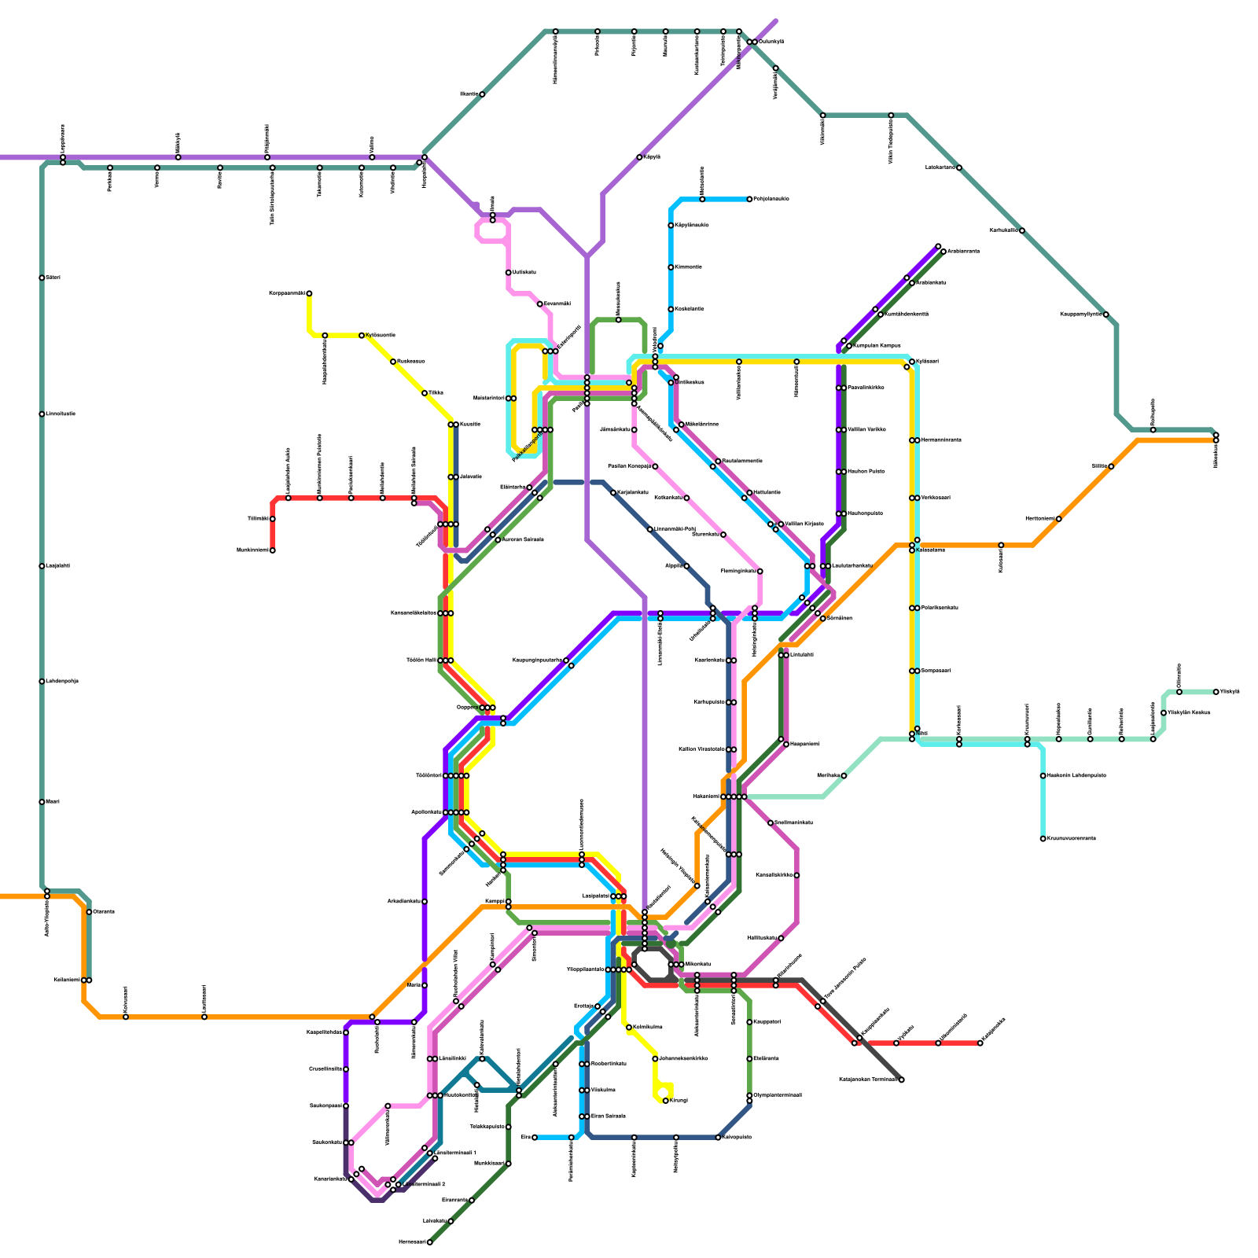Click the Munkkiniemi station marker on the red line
click(x=273, y=550)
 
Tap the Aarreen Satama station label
click(x=523, y=540)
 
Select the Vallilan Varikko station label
click(x=866, y=430)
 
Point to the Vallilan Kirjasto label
click(x=804, y=524)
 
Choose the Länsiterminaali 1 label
click(x=456, y=1153)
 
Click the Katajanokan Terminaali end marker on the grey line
click(x=901, y=1080)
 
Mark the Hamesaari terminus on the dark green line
click(x=430, y=1242)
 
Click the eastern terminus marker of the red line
click(x=980, y=1043)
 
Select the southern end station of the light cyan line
click(x=1043, y=839)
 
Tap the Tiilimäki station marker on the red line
click(x=273, y=519)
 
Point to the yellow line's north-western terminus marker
click(x=309, y=293)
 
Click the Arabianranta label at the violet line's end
click(x=963, y=252)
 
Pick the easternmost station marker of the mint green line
click(x=1216, y=692)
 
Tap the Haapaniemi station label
click(x=804, y=744)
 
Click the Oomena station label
click(x=104, y=912)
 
